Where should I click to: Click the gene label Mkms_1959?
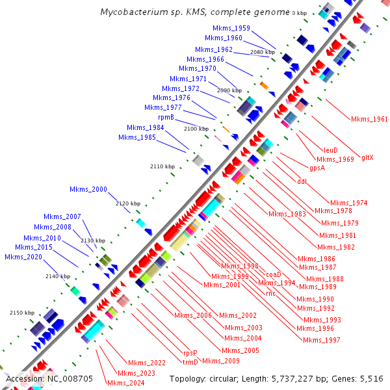pos(231,28)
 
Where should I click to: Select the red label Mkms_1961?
pos(369,120)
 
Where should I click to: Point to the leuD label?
pos(331,150)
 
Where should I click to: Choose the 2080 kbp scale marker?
pos(262,52)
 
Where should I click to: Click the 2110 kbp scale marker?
pos(162,167)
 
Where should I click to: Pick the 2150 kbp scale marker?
pos(21,313)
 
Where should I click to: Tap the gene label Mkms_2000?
pos(88,189)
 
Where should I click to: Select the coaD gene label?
pos(273,275)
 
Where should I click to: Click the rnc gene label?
pos(271,292)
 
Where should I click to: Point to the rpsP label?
pos(190,353)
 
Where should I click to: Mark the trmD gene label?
pos(190,362)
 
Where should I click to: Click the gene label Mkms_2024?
pos(125,383)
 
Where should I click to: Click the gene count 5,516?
pos(370,378)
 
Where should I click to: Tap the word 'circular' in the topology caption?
pos(226,378)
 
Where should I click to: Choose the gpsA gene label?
pos(317,168)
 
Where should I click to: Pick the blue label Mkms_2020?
pos(23,257)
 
